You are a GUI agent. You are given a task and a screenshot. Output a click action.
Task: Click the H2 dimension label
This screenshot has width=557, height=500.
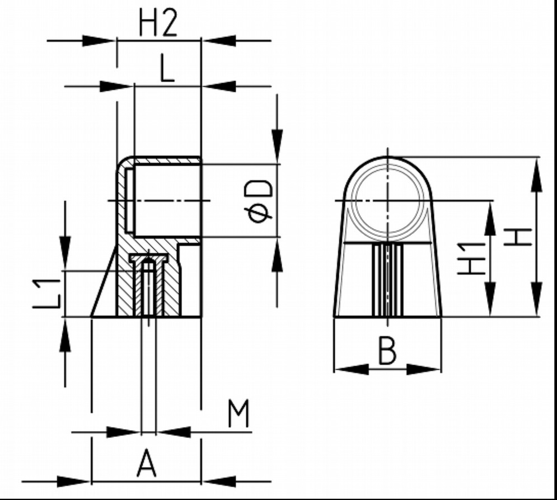[158, 25]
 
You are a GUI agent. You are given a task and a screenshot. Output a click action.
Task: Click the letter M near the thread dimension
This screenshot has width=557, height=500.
[238, 414]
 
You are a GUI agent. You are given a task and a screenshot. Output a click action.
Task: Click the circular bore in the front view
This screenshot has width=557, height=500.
[387, 201]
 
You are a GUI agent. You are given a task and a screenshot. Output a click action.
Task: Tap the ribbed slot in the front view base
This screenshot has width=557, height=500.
[387, 280]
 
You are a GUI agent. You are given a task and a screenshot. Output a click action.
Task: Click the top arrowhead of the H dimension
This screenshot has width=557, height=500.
[536, 168]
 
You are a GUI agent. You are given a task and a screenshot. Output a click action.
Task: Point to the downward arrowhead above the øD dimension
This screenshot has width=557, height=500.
[277, 149]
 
